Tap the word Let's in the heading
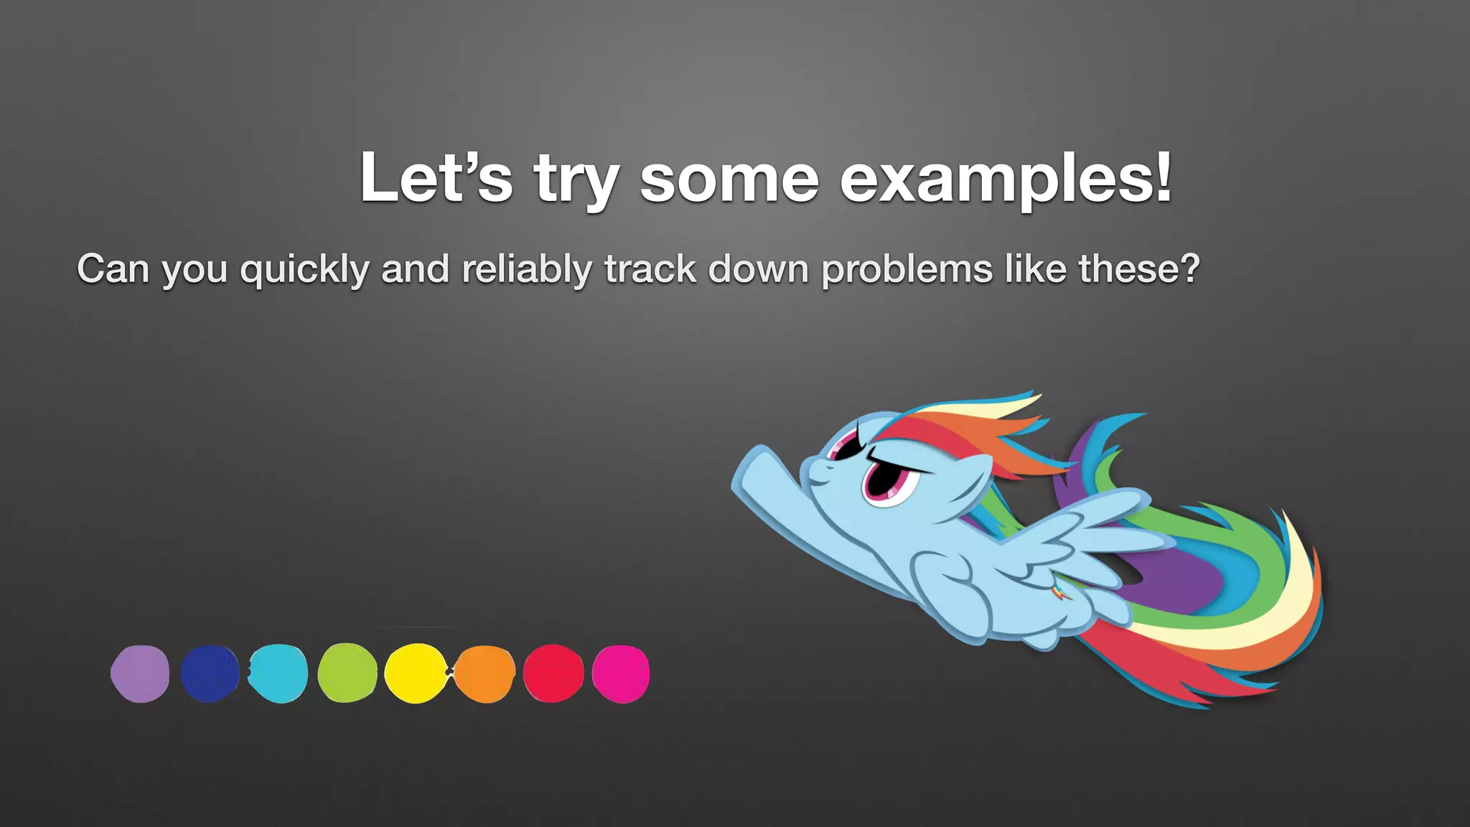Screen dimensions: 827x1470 436,177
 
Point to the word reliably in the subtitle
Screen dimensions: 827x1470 527,270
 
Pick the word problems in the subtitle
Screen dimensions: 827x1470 907,270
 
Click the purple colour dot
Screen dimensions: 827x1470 140,673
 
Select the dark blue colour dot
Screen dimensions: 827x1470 210,673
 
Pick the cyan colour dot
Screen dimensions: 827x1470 278,673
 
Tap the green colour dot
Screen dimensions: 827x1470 347,673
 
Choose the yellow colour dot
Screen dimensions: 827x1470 416,673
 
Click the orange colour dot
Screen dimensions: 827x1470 485,673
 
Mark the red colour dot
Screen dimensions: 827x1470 553,673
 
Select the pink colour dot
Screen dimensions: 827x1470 621,673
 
